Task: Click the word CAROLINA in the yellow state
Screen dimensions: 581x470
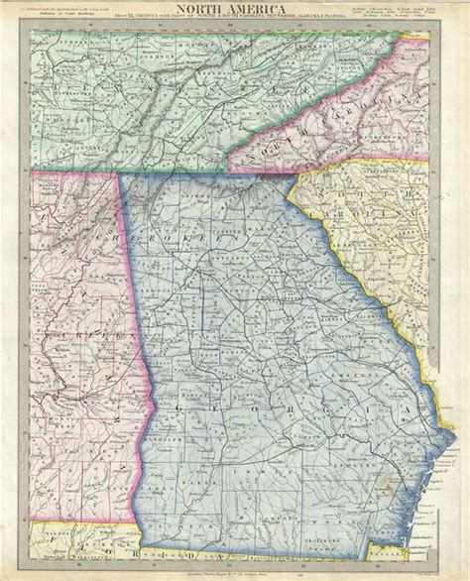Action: pyautogui.click(x=392, y=230)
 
